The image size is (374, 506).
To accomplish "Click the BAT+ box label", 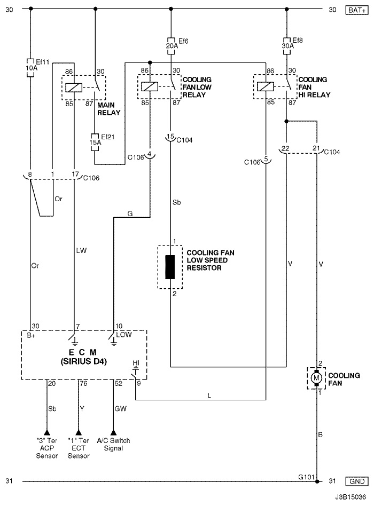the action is [357, 10].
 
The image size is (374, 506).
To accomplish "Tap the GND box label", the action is [357, 481].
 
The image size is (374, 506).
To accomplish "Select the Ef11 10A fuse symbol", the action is [30, 68].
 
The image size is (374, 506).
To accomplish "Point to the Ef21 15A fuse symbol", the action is [95, 142].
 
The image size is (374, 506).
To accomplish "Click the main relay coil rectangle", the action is [74, 88].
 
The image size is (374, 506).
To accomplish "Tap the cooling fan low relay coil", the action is [150, 86].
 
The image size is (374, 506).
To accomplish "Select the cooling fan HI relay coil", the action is [265, 86].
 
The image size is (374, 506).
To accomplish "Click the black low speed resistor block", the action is [170, 267].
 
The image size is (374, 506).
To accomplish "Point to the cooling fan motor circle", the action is [316, 378].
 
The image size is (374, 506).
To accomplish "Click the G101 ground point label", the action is [306, 477].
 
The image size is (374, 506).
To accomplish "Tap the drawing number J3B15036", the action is [350, 497].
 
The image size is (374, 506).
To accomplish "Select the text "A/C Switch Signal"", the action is [113, 445].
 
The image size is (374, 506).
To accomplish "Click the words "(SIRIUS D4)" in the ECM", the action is [84, 361].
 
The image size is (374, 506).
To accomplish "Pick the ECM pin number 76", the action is [84, 384].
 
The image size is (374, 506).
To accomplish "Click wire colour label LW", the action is [81, 250].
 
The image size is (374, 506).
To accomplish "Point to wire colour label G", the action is [130, 214].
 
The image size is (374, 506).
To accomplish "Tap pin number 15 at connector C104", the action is [170, 136].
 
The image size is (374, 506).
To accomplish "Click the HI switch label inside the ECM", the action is [136, 363].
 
